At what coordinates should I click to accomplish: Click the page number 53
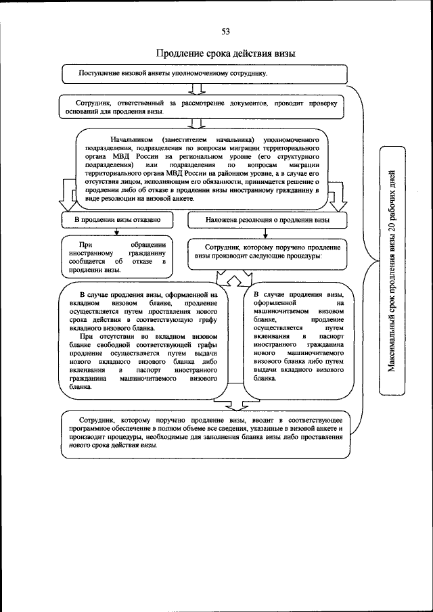coord(225,31)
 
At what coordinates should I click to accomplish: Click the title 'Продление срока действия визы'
coord(225,53)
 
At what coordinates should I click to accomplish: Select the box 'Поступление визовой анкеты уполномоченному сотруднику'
coord(204,72)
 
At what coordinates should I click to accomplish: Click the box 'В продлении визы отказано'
coord(114,220)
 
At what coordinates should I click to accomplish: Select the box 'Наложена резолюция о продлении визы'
coord(267,220)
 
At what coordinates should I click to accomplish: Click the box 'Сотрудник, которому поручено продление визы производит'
coord(267,252)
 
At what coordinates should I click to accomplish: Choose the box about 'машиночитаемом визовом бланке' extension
coord(300,338)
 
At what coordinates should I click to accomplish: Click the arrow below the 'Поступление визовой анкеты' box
coord(198,88)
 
